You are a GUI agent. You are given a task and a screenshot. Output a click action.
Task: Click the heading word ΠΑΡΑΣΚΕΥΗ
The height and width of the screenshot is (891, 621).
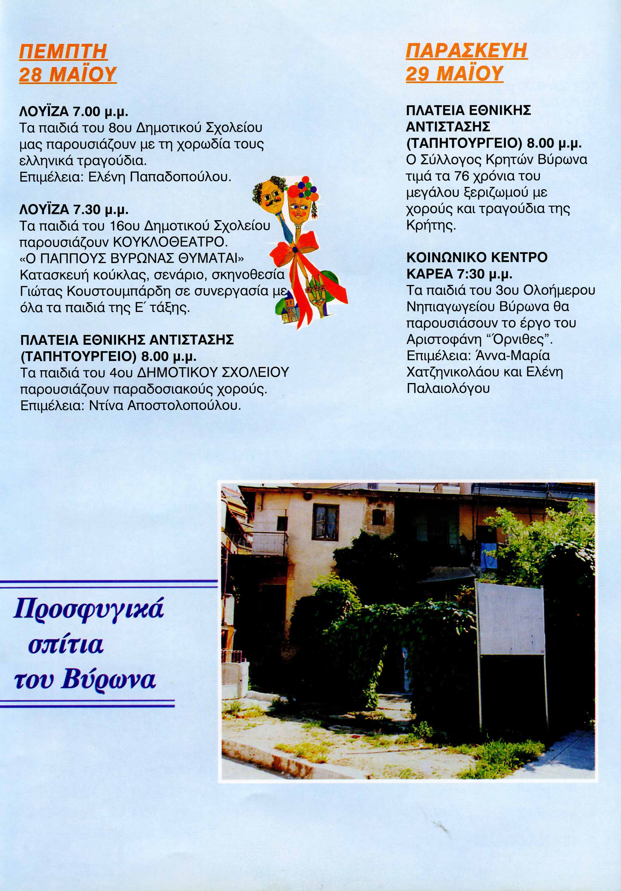466,51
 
